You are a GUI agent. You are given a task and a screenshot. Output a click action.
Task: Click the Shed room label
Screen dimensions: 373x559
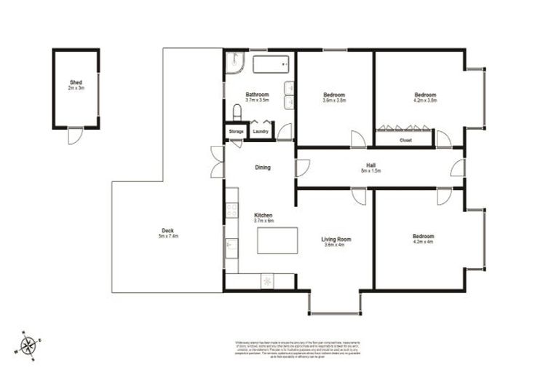click(76, 84)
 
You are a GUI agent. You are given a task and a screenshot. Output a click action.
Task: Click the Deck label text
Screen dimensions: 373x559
click(167, 232)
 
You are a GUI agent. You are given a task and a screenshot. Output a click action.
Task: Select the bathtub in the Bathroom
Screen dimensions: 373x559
click(271, 64)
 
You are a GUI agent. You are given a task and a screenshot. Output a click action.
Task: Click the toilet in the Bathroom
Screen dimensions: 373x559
click(237, 111)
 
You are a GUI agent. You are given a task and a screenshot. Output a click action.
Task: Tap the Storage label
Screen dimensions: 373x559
click(236, 131)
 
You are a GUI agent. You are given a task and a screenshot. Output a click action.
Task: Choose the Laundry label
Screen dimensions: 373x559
click(261, 131)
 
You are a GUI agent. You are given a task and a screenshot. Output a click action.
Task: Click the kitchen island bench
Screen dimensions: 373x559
click(277, 240)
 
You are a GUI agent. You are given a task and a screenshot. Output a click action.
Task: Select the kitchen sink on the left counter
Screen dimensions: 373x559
click(231, 248)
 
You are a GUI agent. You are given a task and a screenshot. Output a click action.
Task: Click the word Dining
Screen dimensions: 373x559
click(263, 168)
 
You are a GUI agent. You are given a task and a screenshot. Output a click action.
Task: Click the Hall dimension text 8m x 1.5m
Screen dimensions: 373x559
click(371, 171)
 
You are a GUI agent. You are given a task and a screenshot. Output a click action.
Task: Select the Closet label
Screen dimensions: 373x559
click(405, 139)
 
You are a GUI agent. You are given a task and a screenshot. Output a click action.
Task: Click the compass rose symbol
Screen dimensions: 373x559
click(28, 344)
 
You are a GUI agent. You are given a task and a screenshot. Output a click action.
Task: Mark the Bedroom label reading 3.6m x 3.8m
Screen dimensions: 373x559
click(334, 98)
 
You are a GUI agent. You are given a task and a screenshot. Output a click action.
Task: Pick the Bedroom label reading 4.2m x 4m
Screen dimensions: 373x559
click(423, 240)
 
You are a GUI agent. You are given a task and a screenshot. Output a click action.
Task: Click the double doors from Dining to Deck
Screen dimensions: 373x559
click(217, 162)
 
